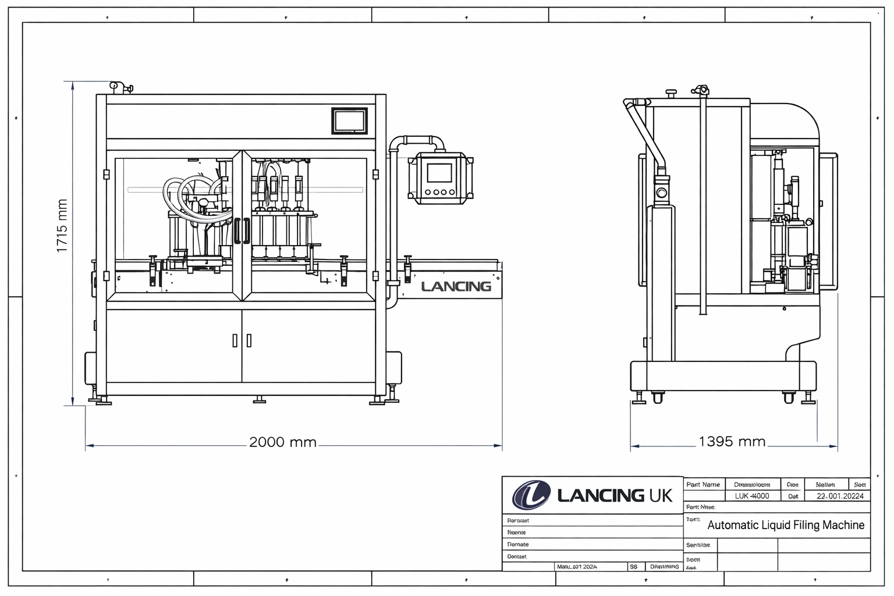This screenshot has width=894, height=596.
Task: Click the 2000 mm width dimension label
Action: click(283, 442)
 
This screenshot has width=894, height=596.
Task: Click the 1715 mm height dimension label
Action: click(62, 226)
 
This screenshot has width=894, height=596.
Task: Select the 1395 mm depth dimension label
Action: click(732, 442)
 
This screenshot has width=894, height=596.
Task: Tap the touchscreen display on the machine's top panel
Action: click(349, 121)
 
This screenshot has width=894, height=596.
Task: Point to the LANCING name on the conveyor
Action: click(456, 286)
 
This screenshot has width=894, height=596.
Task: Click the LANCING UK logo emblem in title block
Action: click(531, 495)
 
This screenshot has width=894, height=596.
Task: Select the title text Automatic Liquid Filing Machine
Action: click(785, 525)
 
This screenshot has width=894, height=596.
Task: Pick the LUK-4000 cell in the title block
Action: click(752, 496)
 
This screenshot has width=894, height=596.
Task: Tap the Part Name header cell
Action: click(703, 484)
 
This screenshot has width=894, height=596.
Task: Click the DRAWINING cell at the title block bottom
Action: click(664, 566)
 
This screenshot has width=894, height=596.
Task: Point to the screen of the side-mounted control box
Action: click(439, 172)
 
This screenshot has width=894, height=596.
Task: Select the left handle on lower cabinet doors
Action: click(235, 340)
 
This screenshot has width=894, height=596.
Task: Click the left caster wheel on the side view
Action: click(658, 398)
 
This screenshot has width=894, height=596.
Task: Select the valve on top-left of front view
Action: click(120, 87)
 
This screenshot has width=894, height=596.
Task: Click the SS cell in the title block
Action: click(633, 566)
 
